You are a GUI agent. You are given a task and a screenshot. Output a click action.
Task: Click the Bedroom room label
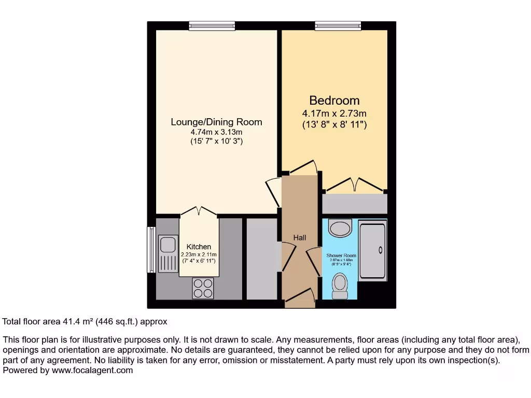[x=334, y=101]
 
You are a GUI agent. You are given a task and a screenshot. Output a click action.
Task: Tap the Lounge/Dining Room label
[x=216, y=122]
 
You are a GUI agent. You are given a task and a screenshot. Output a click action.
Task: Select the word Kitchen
[x=199, y=247]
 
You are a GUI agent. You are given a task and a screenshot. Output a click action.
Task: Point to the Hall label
[x=300, y=238]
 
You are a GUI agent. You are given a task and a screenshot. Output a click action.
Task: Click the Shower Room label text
[x=341, y=255]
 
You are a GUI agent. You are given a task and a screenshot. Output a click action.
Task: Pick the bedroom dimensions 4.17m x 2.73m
[x=334, y=113]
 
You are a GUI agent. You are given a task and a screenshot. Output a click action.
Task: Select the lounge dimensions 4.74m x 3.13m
[x=216, y=132]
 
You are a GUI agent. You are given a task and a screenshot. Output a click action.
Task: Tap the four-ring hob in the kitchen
[x=203, y=288]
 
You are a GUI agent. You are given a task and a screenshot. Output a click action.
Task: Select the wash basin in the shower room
[x=340, y=227]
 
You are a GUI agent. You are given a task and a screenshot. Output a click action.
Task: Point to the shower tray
[x=372, y=251]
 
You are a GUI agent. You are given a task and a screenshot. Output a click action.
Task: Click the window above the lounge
[x=212, y=25]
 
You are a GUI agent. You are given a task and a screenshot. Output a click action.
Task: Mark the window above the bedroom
[x=338, y=25]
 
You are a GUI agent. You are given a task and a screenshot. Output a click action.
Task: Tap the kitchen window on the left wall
[x=151, y=249]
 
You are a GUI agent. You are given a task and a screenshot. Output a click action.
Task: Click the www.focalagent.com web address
[x=91, y=370]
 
